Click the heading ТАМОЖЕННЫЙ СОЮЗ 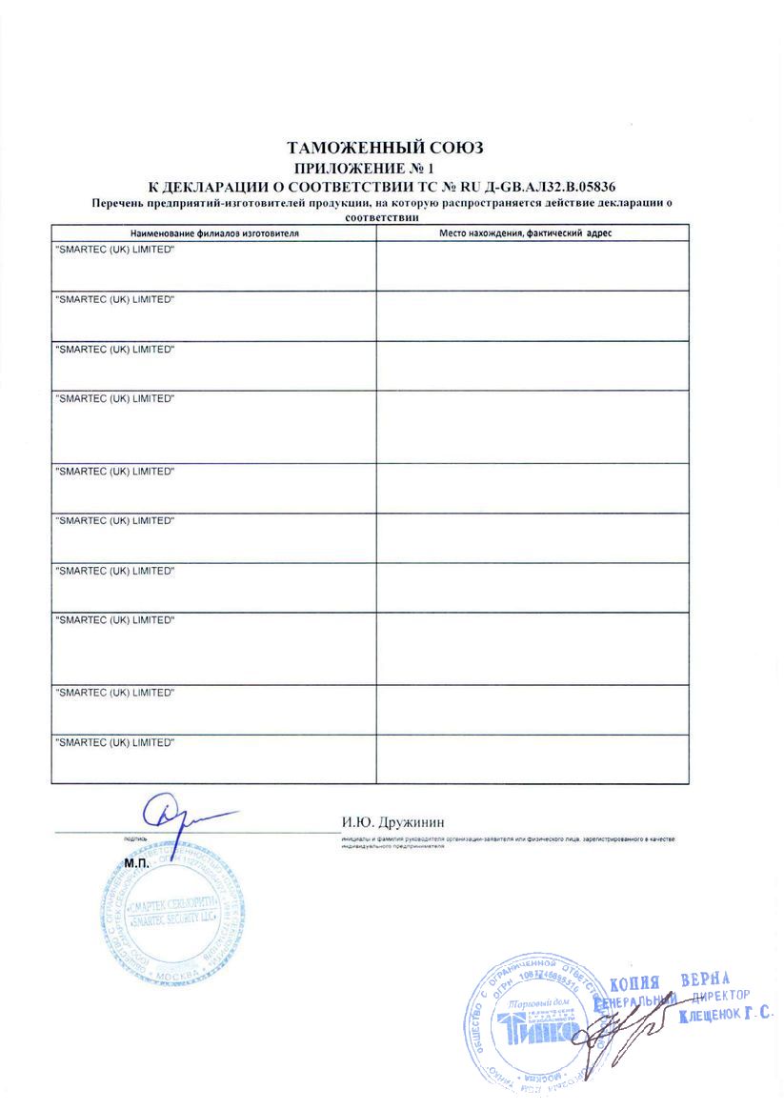pos(386,148)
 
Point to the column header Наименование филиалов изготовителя pos(214,232)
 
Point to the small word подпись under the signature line pos(133,839)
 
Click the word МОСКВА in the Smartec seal pos(175,970)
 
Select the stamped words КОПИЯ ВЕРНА pos(669,982)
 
